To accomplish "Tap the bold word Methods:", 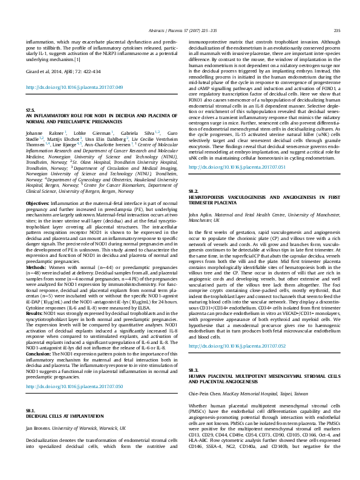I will point(36,249).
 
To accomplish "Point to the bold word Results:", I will point(35,297).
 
